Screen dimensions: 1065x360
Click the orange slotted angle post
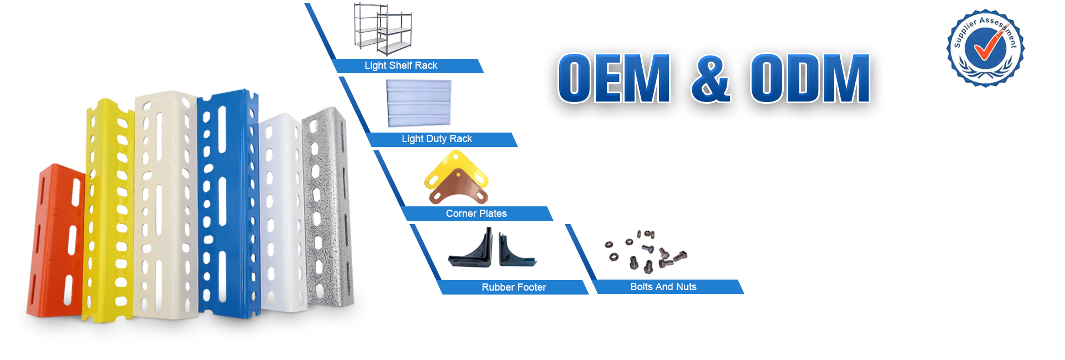(x=55, y=244)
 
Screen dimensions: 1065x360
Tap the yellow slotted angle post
(x=108, y=211)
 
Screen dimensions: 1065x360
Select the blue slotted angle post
(x=227, y=205)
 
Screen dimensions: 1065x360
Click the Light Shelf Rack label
(x=400, y=65)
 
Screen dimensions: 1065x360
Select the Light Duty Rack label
(x=437, y=139)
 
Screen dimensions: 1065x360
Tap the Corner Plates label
(x=476, y=214)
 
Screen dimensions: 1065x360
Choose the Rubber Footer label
(x=514, y=287)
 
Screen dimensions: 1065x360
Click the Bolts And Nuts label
(x=663, y=287)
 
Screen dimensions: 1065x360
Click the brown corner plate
(x=458, y=189)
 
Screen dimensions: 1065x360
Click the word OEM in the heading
(x=614, y=79)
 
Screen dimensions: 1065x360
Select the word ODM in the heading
(x=810, y=79)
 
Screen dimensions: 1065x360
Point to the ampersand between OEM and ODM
(x=711, y=79)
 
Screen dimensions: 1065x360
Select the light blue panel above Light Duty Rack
(x=419, y=103)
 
